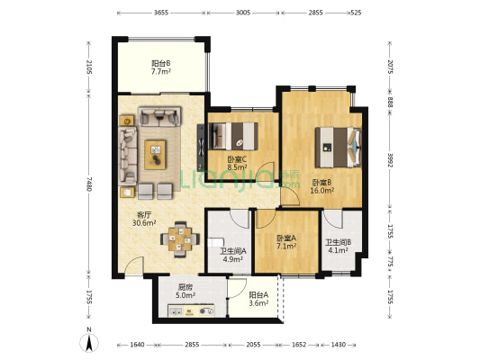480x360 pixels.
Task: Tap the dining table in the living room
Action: (180, 239)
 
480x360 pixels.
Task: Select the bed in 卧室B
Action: (339, 148)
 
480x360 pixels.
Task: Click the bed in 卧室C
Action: (233, 136)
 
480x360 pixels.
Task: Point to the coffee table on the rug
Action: (155, 155)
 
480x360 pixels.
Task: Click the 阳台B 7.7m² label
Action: (161, 67)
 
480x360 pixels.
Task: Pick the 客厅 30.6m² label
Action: (144, 219)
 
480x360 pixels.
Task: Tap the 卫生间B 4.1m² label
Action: (339, 247)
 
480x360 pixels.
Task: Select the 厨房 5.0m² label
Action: (186, 292)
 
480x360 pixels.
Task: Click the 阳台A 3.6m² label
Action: (258, 299)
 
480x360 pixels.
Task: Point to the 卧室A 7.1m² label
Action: (286, 241)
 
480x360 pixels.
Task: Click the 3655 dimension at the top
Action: (161, 13)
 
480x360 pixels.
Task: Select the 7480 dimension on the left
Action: (89, 184)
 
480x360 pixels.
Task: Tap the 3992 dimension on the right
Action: (390, 160)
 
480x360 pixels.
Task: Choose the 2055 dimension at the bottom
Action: (253, 345)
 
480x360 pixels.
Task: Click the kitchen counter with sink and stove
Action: (191, 310)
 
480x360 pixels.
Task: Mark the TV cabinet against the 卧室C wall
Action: (201, 148)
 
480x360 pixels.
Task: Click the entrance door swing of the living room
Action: (134, 265)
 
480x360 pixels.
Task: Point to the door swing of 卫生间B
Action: (333, 219)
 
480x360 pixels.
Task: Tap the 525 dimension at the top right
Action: (357, 13)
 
